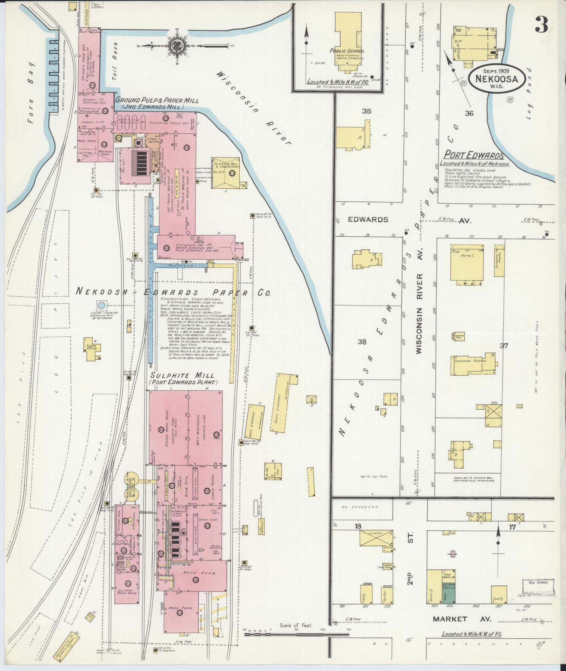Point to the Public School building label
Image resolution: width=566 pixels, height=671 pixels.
pyautogui.click(x=347, y=51)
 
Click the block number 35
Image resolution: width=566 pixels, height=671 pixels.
pyautogui.click(x=367, y=112)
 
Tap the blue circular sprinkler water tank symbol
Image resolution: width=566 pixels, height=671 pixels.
pyautogui.click(x=101, y=305)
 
